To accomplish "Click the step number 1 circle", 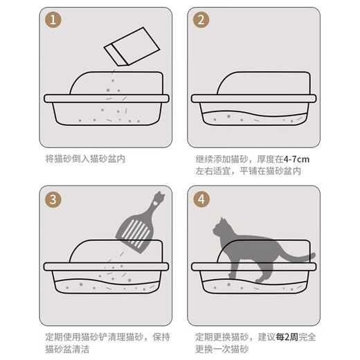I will (x=54, y=20).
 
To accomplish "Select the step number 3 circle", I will (x=54, y=200).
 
